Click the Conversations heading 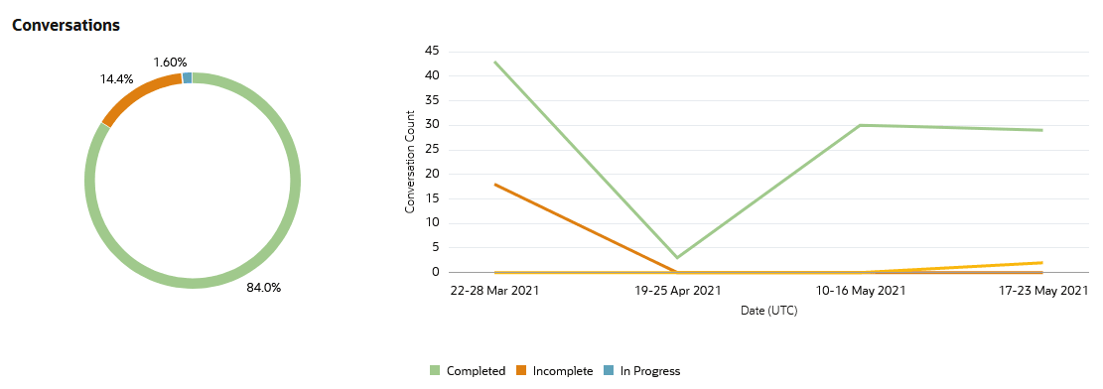[66, 25]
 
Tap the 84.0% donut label [263, 288]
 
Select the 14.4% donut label [116, 78]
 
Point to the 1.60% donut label [170, 62]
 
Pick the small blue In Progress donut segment [187, 77]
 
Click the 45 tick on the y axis [432, 51]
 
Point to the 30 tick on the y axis [432, 125]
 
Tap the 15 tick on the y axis [432, 198]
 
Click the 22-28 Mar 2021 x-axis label [494, 291]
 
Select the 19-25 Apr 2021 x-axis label [677, 291]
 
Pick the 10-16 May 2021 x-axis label [860, 291]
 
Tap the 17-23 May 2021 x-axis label [1041, 291]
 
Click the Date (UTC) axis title [768, 311]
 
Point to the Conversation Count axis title [410, 162]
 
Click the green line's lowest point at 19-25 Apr [677, 258]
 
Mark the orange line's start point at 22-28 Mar [494, 184]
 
